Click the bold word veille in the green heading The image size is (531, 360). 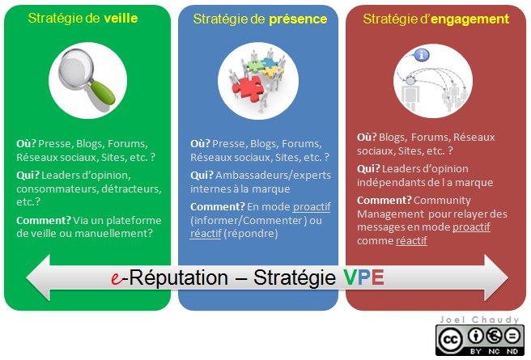121,19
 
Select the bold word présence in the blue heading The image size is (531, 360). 298,19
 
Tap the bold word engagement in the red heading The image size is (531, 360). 470,19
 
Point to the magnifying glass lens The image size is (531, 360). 75,67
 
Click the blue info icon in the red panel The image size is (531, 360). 422,55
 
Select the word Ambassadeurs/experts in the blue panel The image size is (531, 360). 274,176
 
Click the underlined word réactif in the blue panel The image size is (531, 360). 206,234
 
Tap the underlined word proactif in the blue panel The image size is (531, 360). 312,207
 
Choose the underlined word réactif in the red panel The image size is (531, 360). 411,240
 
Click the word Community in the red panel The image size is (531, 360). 442,201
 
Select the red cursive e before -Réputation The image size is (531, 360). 117,278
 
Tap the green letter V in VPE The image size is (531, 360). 350,277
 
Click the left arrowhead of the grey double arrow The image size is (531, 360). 38,277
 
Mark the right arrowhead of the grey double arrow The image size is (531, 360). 496,277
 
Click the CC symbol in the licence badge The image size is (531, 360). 450,340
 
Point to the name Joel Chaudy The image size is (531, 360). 479,320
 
